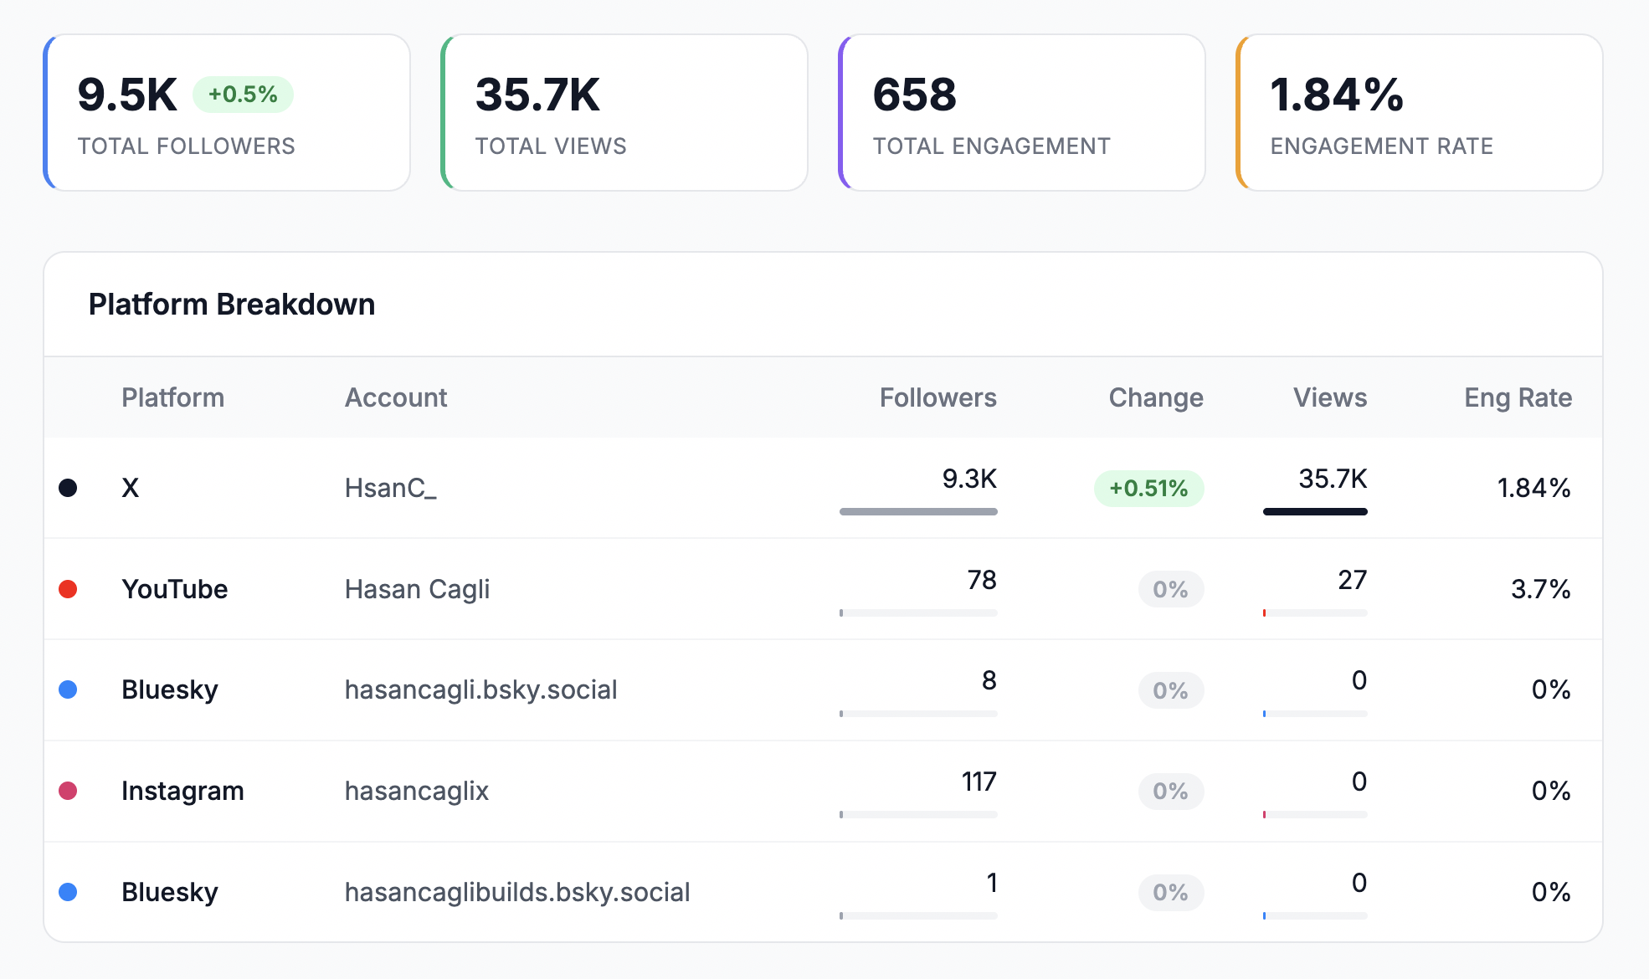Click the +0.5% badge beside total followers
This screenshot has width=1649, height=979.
click(243, 95)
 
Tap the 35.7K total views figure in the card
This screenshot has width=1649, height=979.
click(537, 95)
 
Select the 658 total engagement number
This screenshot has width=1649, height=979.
click(914, 95)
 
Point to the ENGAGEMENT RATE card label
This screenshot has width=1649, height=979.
click(1381, 146)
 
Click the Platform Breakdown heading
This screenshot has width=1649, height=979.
click(232, 305)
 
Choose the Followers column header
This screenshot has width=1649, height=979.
click(938, 397)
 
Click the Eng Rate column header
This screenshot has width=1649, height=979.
click(1518, 397)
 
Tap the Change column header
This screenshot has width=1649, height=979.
click(1155, 397)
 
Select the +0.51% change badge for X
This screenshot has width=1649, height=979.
click(1148, 489)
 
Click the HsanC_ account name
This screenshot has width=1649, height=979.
click(390, 488)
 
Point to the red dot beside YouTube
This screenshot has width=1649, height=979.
click(68, 589)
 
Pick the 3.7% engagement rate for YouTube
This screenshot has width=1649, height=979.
click(1540, 589)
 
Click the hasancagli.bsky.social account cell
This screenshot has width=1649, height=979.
click(480, 689)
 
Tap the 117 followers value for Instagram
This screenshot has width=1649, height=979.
click(979, 782)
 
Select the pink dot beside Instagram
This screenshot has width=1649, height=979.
click(68, 791)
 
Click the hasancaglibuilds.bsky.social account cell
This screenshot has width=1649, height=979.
click(516, 892)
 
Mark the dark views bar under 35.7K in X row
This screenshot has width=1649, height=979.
click(1314, 511)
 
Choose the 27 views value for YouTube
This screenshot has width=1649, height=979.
click(1352, 580)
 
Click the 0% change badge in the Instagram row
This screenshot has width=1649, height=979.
click(1170, 792)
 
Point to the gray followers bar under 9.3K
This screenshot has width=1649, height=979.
click(918, 511)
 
